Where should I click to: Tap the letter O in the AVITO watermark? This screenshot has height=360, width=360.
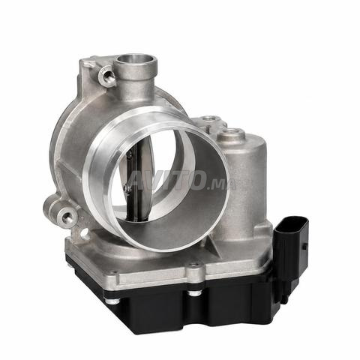click(198, 181)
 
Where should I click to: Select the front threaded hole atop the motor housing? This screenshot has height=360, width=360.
click(230, 132)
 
